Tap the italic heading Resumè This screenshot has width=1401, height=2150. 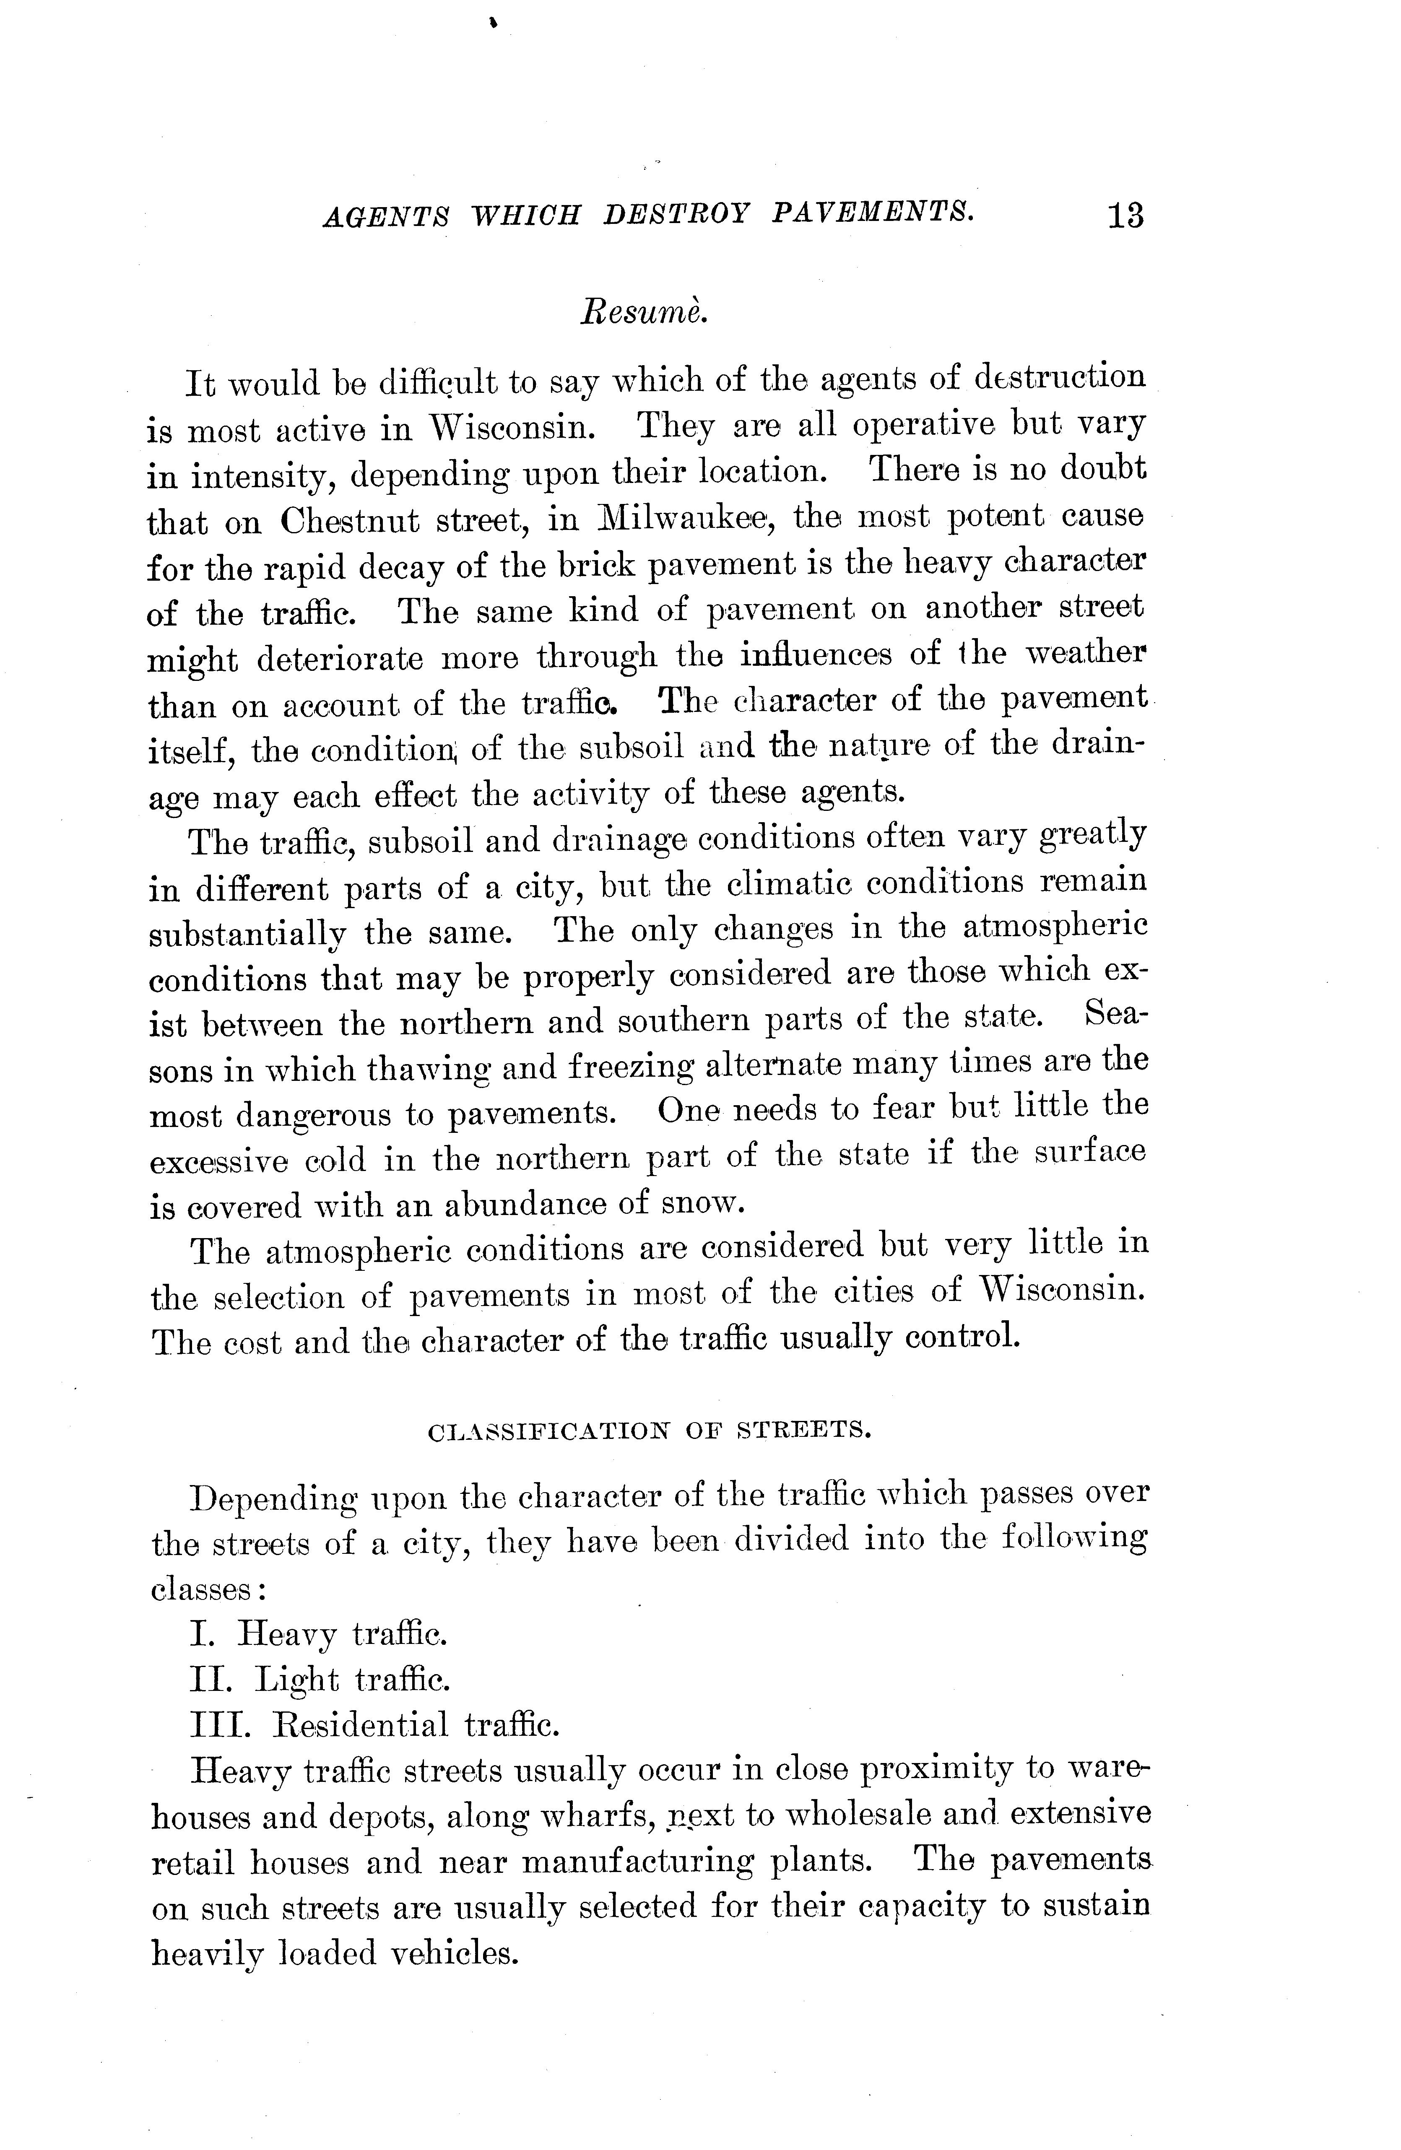(642, 312)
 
